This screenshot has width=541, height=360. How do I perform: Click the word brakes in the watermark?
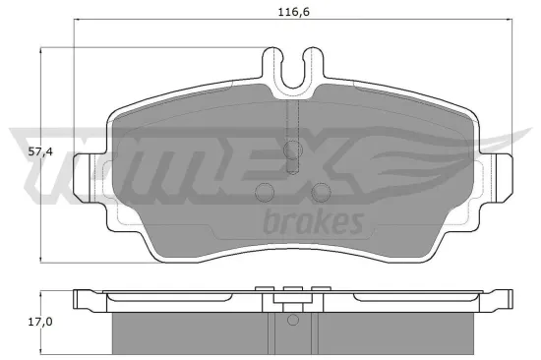pyautogui.click(x=314, y=220)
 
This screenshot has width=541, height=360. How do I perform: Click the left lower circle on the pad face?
pyautogui.click(x=264, y=192)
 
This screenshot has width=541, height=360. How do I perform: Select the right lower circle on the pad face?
pyautogui.click(x=321, y=192)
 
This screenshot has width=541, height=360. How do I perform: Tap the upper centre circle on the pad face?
pyautogui.click(x=292, y=150)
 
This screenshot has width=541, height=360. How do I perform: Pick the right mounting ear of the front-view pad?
pyautogui.click(x=500, y=169)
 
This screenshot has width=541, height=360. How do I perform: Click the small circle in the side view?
pyautogui.click(x=292, y=320)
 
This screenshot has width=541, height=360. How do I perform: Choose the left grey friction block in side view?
pyautogui.click(x=187, y=332)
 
